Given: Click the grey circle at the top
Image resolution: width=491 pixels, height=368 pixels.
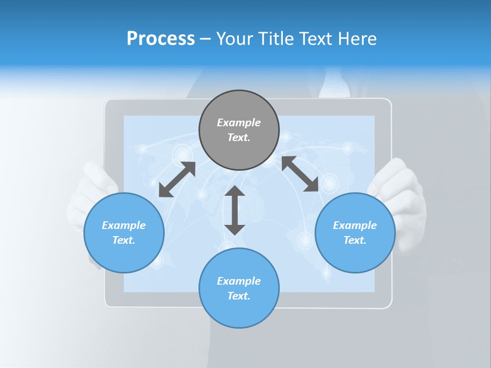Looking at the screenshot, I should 239,130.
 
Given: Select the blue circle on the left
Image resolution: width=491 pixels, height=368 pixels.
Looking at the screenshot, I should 124,233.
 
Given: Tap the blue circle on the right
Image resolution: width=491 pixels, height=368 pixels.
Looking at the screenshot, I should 355,233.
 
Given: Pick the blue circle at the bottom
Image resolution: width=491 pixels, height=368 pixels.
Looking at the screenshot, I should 239,288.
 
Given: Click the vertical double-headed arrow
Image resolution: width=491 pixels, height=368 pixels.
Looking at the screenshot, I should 235,210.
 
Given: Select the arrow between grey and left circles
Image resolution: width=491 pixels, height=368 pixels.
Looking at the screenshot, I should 177,179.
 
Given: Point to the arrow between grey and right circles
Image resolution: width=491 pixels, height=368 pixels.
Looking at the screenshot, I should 300,174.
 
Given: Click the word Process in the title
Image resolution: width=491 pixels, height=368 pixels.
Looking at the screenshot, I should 161,38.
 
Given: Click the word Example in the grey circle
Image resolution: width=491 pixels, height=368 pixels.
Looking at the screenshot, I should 239,123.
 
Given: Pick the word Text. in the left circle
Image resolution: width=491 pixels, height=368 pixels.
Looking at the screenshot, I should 124,240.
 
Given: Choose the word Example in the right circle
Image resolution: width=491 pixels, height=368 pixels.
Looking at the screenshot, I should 355,225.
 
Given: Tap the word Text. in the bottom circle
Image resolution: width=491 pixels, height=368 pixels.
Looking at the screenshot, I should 239,296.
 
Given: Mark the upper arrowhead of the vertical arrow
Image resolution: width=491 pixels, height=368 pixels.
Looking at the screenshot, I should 235,191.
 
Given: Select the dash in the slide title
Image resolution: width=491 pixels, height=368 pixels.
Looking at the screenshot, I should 206,39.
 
